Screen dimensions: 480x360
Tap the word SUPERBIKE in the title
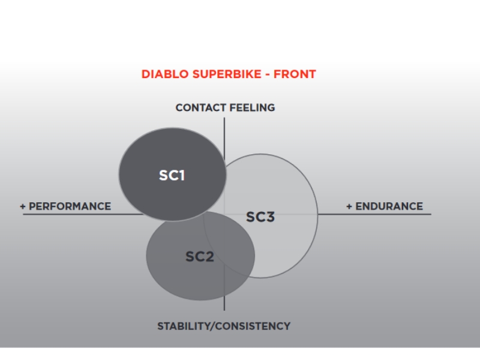[227, 74]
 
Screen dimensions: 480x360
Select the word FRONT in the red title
[295, 74]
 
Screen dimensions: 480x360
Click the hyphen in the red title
[268, 74]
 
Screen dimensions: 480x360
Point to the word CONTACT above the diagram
[201, 108]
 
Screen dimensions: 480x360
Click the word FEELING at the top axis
[252, 108]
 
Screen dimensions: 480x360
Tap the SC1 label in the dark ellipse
[172, 175]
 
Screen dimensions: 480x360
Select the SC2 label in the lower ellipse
[200, 257]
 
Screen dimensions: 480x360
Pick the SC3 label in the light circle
[260, 217]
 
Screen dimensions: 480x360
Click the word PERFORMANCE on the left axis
[70, 206]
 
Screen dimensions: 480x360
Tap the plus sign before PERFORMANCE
[23, 206]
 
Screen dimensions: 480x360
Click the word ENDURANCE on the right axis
[389, 206]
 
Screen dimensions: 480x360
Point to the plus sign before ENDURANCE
[349, 206]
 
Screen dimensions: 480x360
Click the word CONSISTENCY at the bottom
[253, 326]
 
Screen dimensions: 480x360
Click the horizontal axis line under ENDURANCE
[374, 214]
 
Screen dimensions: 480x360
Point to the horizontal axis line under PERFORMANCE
[83, 214]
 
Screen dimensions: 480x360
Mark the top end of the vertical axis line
[224, 118]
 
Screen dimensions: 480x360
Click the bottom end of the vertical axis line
[224, 310]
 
